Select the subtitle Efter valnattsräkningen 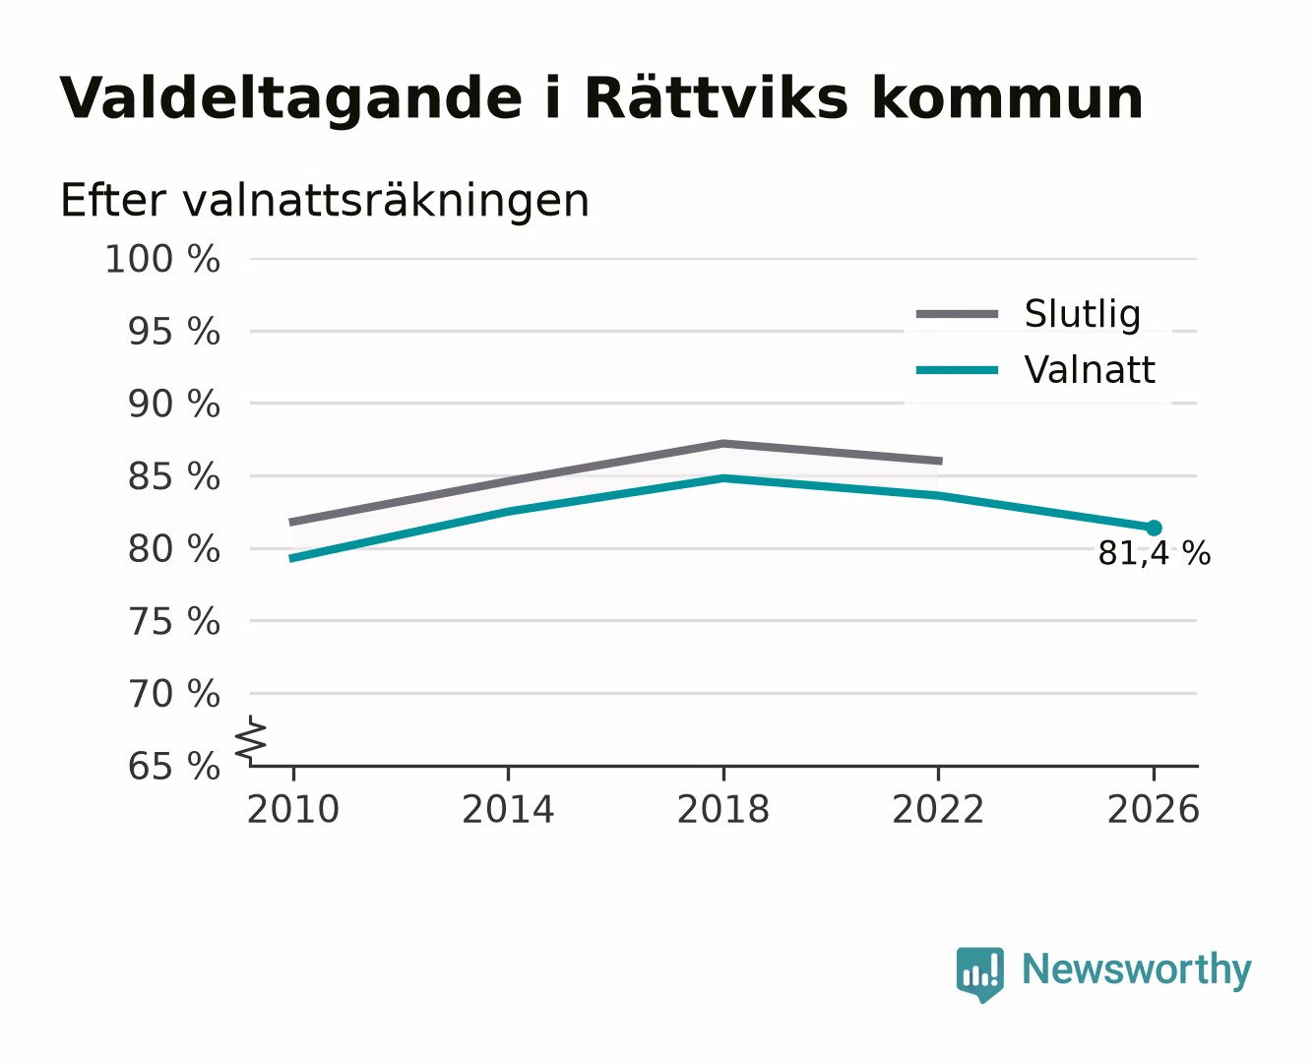(x=325, y=201)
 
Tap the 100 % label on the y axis (x=162, y=259)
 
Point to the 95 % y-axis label (x=174, y=332)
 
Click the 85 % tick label (x=174, y=476)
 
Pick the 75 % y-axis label (x=174, y=621)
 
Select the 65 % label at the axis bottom (x=174, y=767)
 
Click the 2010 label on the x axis (x=293, y=809)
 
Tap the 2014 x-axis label (x=508, y=809)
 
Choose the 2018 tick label (x=723, y=809)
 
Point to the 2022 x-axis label (x=938, y=809)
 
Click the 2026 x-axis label (x=1154, y=809)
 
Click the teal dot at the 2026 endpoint (x=1154, y=528)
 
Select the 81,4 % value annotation (x=1154, y=553)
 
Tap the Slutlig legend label (x=1083, y=315)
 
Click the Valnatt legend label (x=1090, y=370)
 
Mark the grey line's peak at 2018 (x=723, y=443)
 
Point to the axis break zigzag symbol (x=251, y=741)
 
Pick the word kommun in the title (x=1008, y=98)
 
